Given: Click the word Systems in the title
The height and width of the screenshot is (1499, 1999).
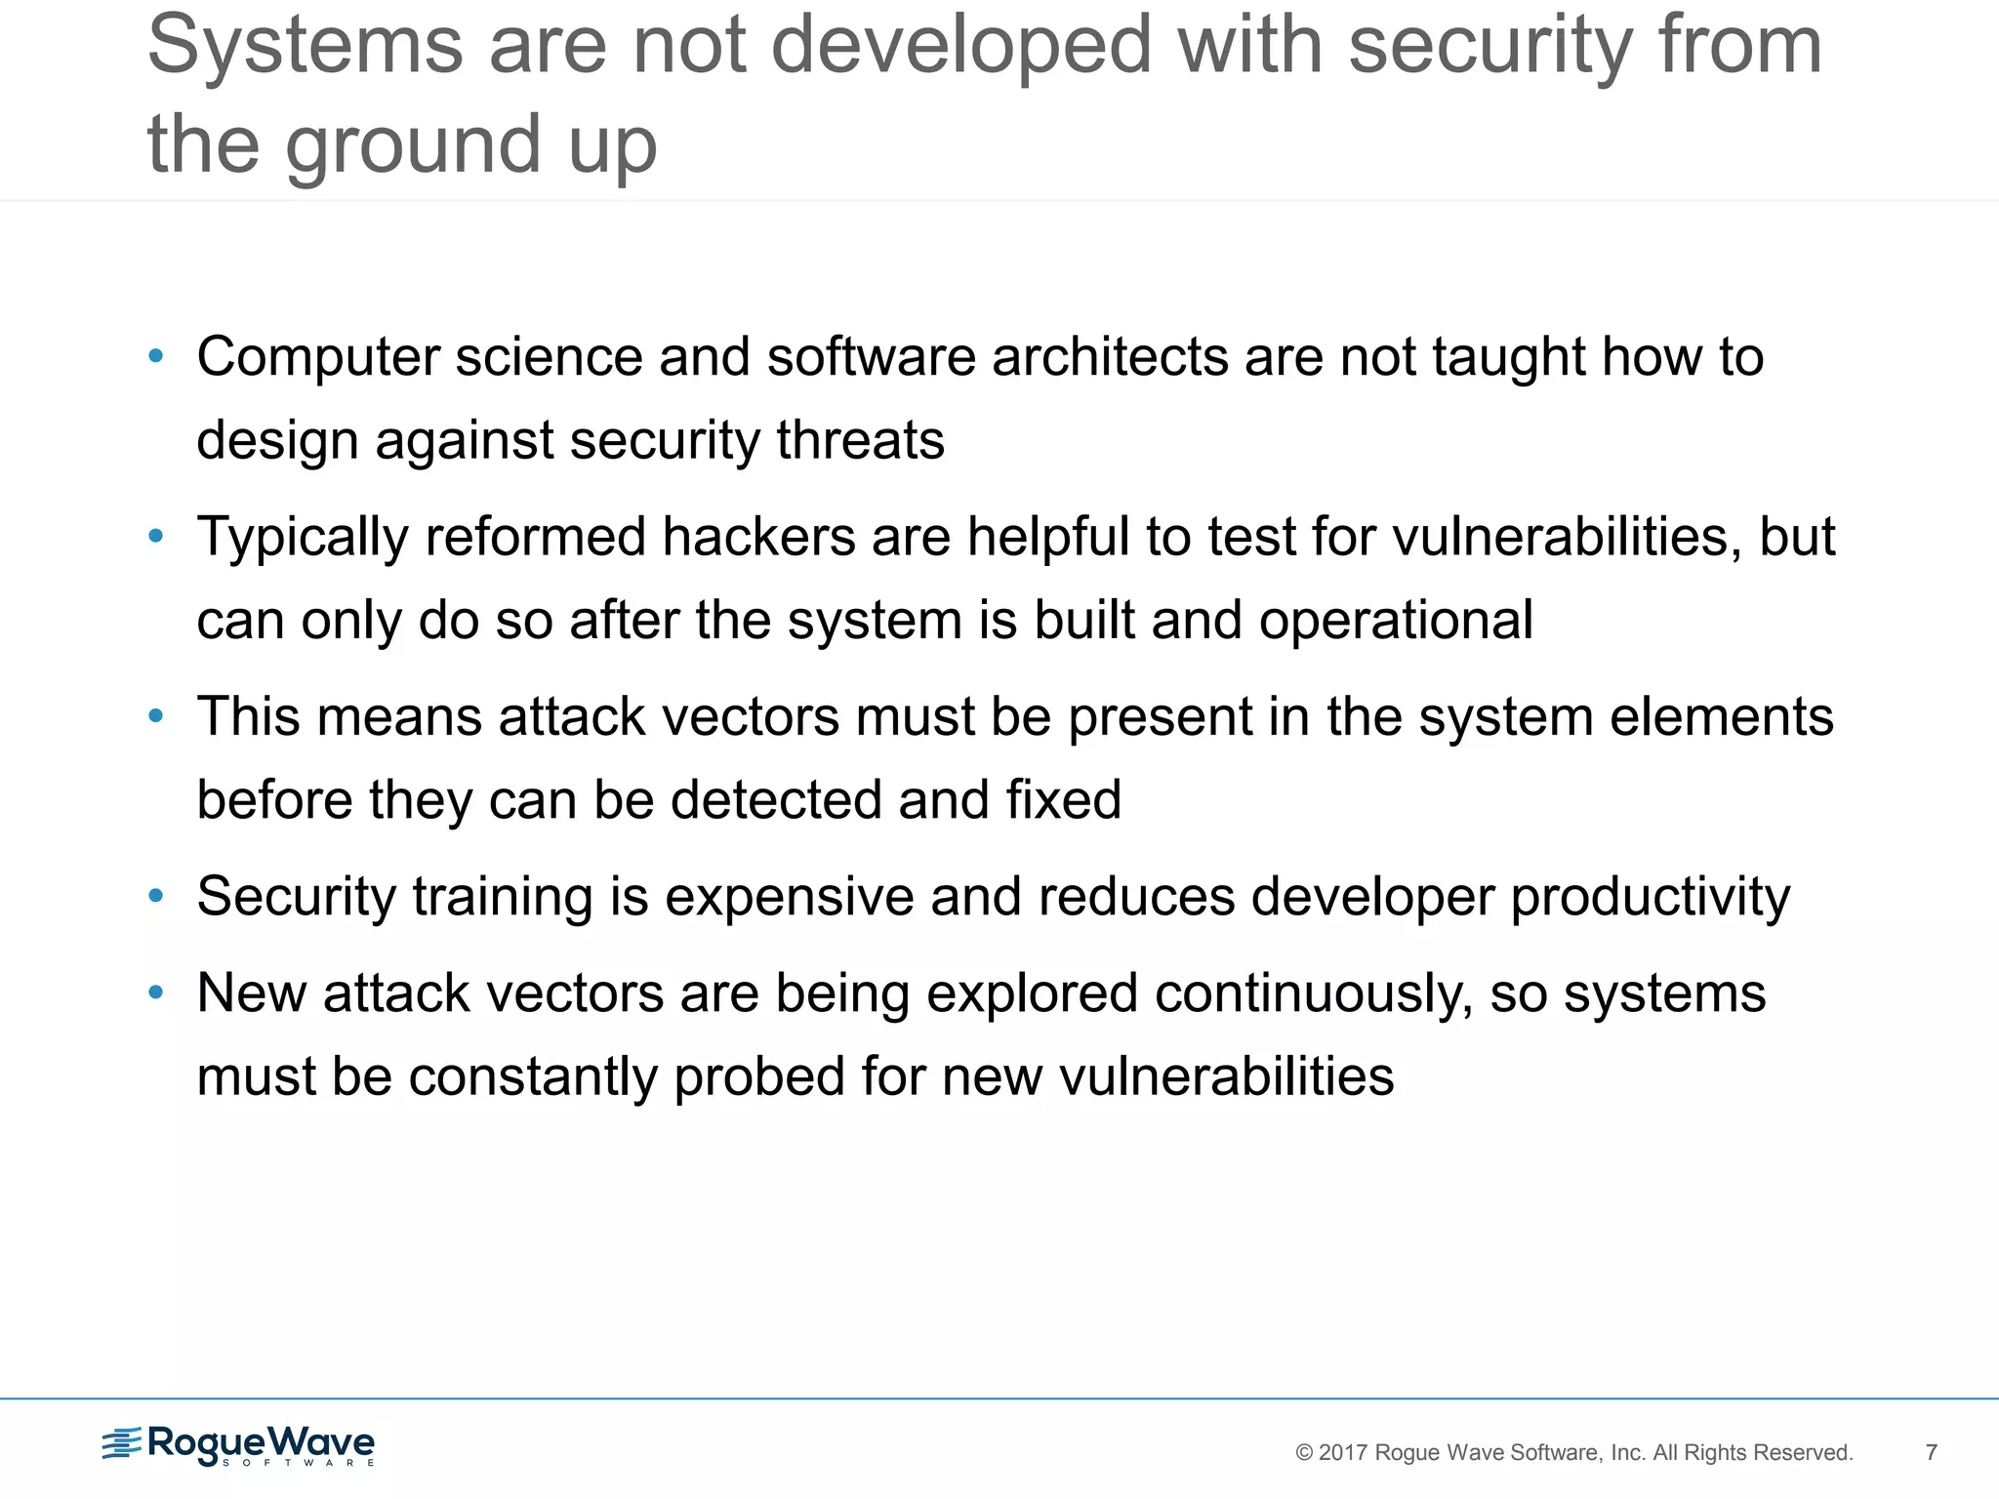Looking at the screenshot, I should (x=305, y=45).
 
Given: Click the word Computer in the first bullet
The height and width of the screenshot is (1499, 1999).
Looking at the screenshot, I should (x=318, y=357).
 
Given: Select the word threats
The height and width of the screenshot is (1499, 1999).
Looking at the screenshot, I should (x=860, y=440).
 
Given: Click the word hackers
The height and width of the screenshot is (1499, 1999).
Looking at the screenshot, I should (x=758, y=537).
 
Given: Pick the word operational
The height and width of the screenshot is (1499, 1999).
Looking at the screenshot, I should (x=1395, y=622).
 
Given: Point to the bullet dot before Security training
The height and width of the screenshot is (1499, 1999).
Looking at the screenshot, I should (x=155, y=896).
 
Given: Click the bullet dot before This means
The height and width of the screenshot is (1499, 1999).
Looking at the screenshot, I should (x=155, y=716).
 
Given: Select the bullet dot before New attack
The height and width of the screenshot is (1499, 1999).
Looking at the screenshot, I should (x=155, y=993).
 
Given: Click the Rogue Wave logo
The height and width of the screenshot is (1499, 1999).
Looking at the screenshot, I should (x=238, y=1444).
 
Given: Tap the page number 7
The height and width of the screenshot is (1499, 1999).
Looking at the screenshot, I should (x=1931, y=1452).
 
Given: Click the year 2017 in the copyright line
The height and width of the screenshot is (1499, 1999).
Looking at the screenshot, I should (x=1343, y=1453).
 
